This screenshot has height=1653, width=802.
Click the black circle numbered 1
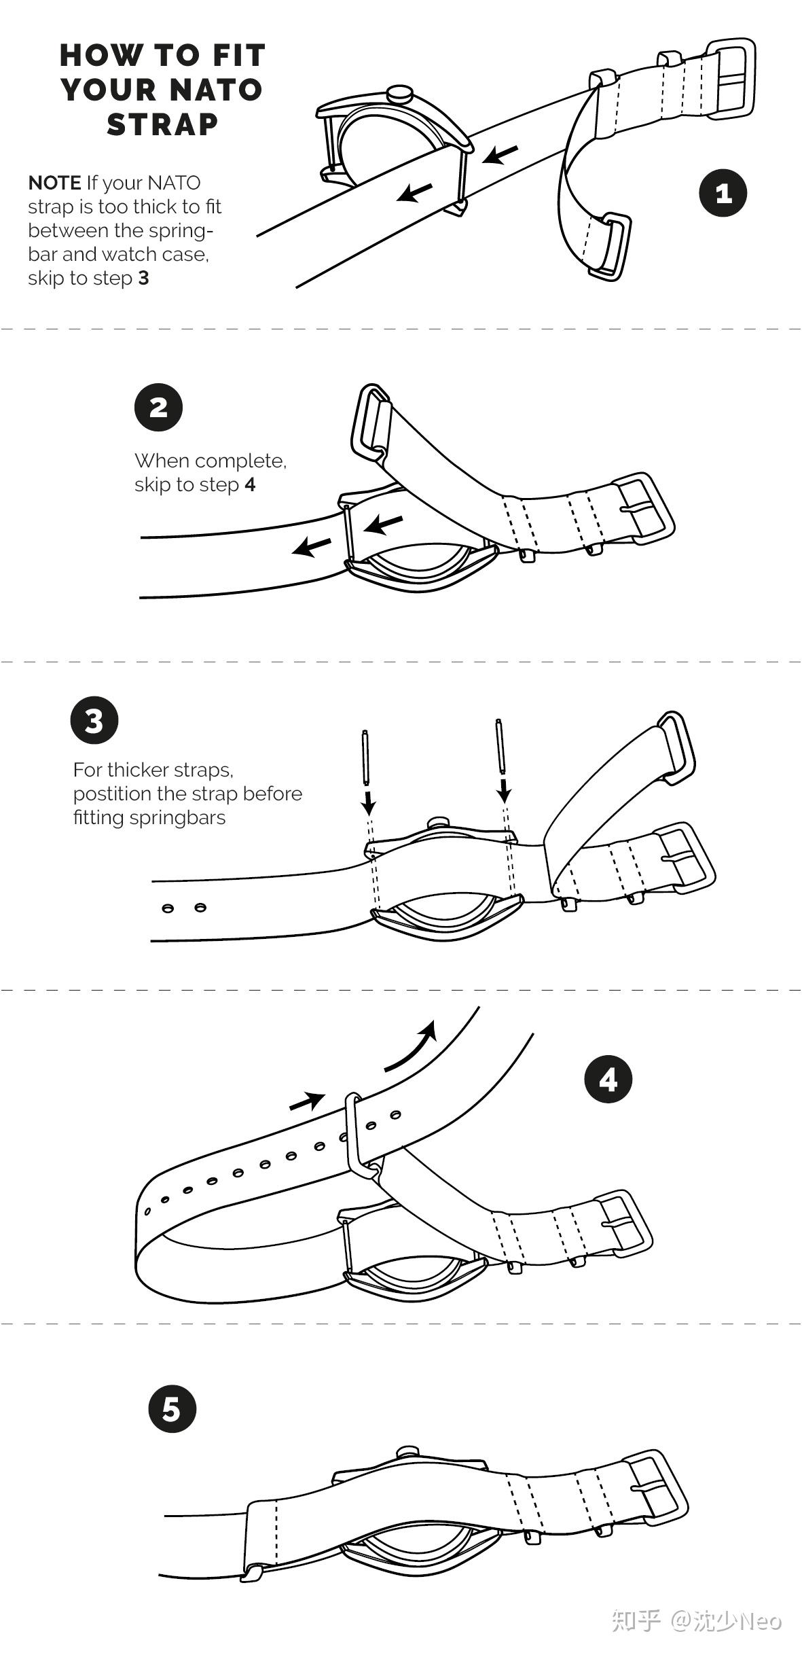click(x=723, y=193)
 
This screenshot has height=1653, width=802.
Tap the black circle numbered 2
click(x=158, y=408)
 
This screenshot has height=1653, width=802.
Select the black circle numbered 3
click(x=94, y=720)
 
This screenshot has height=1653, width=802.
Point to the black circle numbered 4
click(x=608, y=1079)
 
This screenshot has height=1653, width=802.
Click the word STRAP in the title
click(x=162, y=124)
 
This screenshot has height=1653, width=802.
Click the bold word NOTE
click(x=54, y=183)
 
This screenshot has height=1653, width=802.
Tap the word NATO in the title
click(x=215, y=90)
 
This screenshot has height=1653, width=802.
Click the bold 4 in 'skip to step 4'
click(x=250, y=484)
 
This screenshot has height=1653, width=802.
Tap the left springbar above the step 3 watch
click(x=367, y=756)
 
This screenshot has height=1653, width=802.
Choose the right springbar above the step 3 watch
click(x=500, y=746)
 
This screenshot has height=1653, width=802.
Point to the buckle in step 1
click(x=731, y=79)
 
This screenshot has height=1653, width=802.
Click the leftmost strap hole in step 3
click(x=168, y=908)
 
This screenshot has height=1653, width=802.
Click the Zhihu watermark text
click(x=696, y=1621)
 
